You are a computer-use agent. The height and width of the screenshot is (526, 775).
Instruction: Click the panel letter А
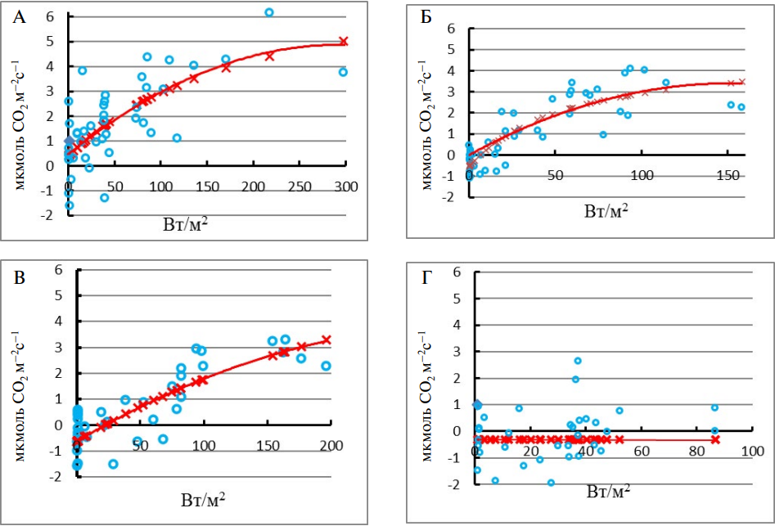click(x=18, y=17)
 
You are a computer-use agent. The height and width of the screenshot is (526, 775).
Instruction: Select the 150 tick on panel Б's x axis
click(x=728, y=176)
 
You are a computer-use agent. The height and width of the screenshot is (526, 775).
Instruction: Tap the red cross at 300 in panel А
click(x=344, y=41)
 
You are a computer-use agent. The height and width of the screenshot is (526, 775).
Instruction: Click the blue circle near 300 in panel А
click(x=344, y=72)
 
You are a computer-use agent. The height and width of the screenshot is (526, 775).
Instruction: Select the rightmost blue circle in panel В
click(x=326, y=366)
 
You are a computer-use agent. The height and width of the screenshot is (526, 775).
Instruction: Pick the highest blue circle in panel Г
click(x=578, y=361)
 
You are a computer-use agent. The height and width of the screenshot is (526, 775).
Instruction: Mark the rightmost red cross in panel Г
click(x=715, y=439)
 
